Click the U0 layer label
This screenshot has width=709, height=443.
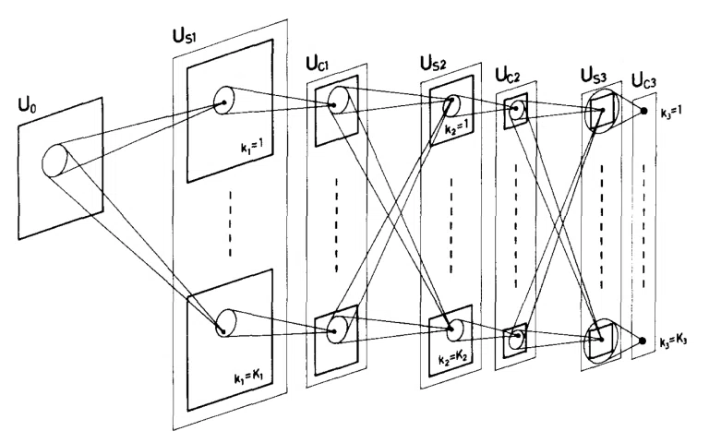[27, 106]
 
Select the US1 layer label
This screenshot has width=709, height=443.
[185, 36]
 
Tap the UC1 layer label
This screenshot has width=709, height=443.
[318, 65]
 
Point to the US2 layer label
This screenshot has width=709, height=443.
[433, 64]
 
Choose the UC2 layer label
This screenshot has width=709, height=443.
[508, 75]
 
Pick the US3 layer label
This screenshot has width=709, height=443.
[594, 76]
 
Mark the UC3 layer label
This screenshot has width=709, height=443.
[643, 81]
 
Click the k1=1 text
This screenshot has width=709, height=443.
[252, 148]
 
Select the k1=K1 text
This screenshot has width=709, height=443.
[248, 377]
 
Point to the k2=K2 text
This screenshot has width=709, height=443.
[452, 359]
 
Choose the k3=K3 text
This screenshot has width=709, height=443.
[673, 341]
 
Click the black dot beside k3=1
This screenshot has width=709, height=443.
[643, 111]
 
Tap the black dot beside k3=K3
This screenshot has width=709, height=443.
[642, 341]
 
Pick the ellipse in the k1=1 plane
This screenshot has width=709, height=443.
[213, 101]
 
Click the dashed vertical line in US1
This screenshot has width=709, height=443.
[230, 223]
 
